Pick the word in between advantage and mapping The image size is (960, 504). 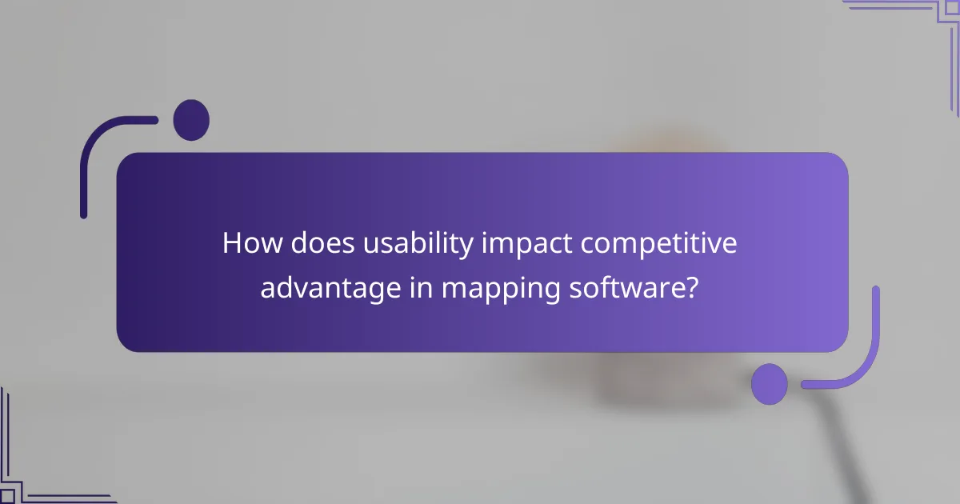(418, 287)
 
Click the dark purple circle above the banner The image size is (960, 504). (191, 121)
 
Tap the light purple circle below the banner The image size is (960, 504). (770, 383)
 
